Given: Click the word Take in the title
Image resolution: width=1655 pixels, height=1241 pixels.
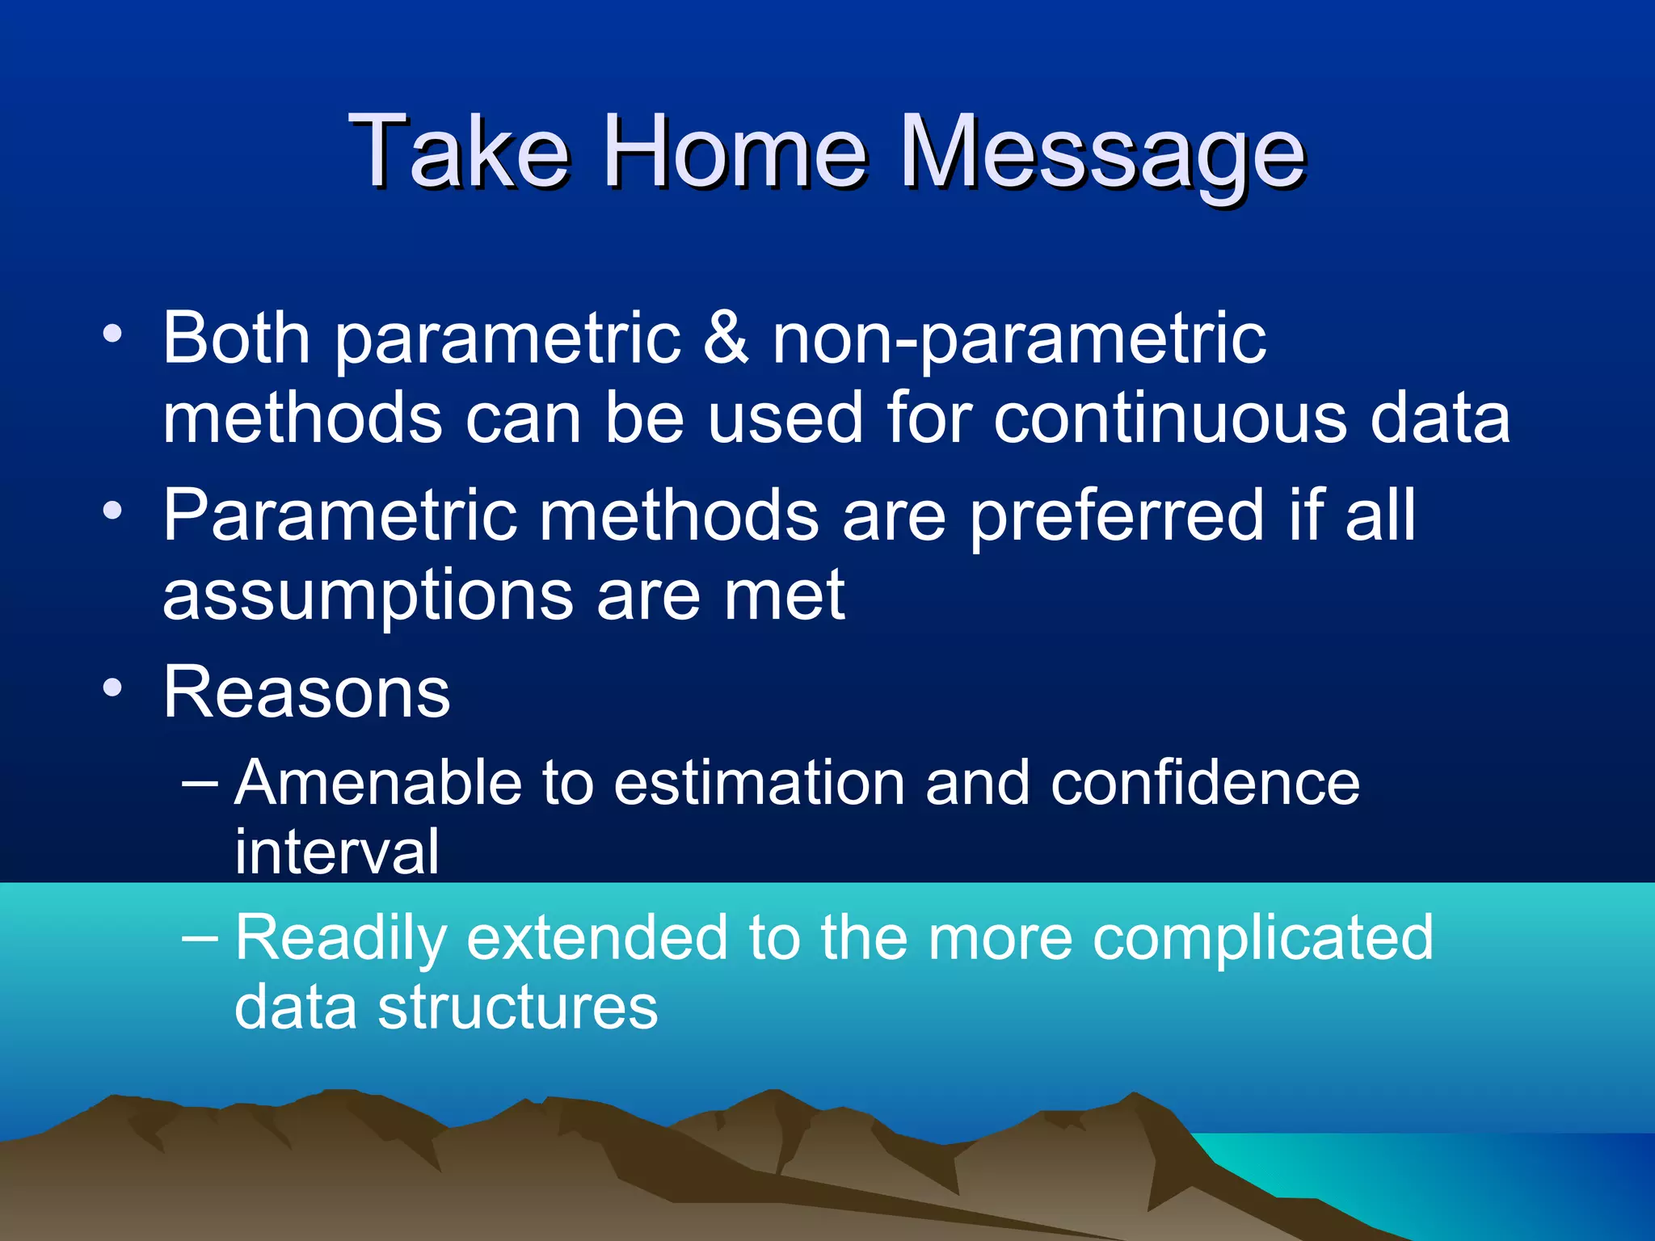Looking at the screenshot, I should (458, 151).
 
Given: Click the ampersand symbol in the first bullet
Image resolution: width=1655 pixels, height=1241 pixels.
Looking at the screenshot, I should (725, 337).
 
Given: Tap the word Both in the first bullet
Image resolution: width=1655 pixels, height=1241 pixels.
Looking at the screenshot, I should (236, 337).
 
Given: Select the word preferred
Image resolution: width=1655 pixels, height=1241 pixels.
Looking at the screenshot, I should (1117, 517).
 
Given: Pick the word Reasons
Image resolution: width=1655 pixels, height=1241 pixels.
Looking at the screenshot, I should (306, 692).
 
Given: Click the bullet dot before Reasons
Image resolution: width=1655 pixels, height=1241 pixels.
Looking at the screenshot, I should (113, 688).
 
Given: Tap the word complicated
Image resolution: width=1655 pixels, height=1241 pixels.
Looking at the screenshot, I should (1262, 939).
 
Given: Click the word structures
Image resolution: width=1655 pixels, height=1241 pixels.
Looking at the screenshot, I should (518, 1008).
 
